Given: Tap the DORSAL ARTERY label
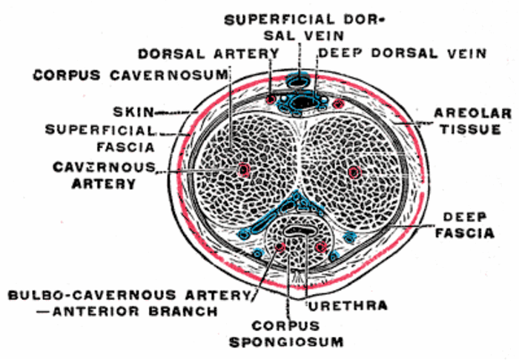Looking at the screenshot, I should (208, 53).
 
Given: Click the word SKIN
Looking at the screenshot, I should (133, 113).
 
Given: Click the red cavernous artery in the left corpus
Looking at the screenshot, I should (243, 170).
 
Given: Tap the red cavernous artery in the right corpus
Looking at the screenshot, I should (354, 173).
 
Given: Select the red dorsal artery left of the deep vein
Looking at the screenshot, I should (271, 99).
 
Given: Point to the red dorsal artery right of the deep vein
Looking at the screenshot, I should (340, 102).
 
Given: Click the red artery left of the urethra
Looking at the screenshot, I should (280, 247).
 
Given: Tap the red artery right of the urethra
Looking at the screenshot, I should (321, 247).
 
